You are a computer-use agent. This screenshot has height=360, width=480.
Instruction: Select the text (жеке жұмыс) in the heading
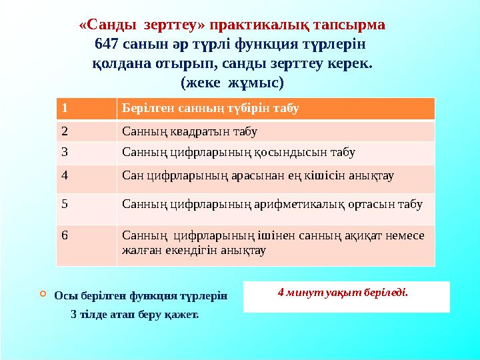click(232, 83)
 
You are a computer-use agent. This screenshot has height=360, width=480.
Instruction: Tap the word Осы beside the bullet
click(64, 296)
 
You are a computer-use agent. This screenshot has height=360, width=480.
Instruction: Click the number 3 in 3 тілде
click(73, 314)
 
